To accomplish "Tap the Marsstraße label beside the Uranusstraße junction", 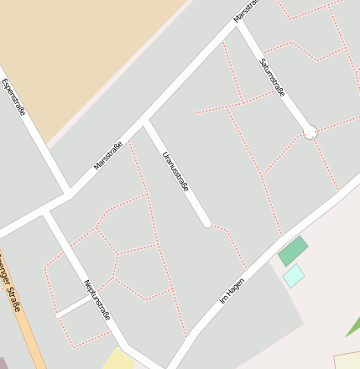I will click(109, 156).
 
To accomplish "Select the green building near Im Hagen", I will click(293, 251).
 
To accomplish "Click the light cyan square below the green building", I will click(294, 275).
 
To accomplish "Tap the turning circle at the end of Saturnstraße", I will click(310, 133).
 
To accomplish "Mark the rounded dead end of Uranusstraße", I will click(206, 223).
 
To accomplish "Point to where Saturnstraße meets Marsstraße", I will click(237, 23).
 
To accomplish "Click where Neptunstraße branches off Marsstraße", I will click(46, 211).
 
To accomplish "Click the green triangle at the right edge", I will click(353, 327).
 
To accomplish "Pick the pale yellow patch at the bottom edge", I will click(119, 361).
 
